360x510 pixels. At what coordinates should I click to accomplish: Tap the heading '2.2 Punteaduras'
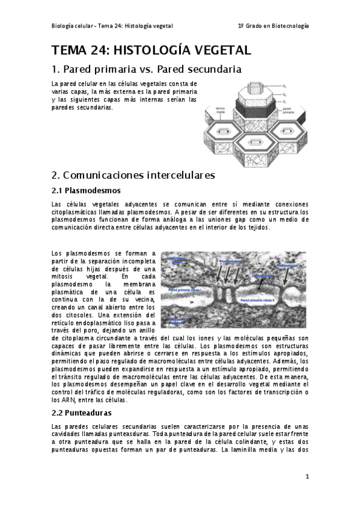82,413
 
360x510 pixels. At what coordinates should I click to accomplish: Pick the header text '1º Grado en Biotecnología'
273,26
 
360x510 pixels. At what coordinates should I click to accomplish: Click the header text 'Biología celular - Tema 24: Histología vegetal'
112,26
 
